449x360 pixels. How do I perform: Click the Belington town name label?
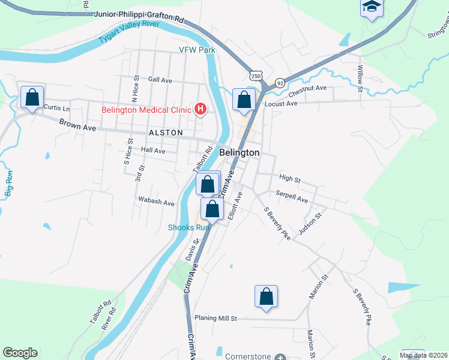240,152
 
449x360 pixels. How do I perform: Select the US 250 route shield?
256,76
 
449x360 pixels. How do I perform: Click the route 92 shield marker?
280,83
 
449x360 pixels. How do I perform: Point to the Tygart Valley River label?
129,33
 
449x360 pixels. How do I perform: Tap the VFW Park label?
197,50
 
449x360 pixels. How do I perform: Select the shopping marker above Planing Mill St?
267,296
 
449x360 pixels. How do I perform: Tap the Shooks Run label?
188,227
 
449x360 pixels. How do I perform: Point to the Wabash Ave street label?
156,202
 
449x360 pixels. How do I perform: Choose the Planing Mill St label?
215,318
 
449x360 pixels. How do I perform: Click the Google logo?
20,353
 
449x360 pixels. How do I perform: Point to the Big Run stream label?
9,183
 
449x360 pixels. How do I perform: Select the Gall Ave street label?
160,80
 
